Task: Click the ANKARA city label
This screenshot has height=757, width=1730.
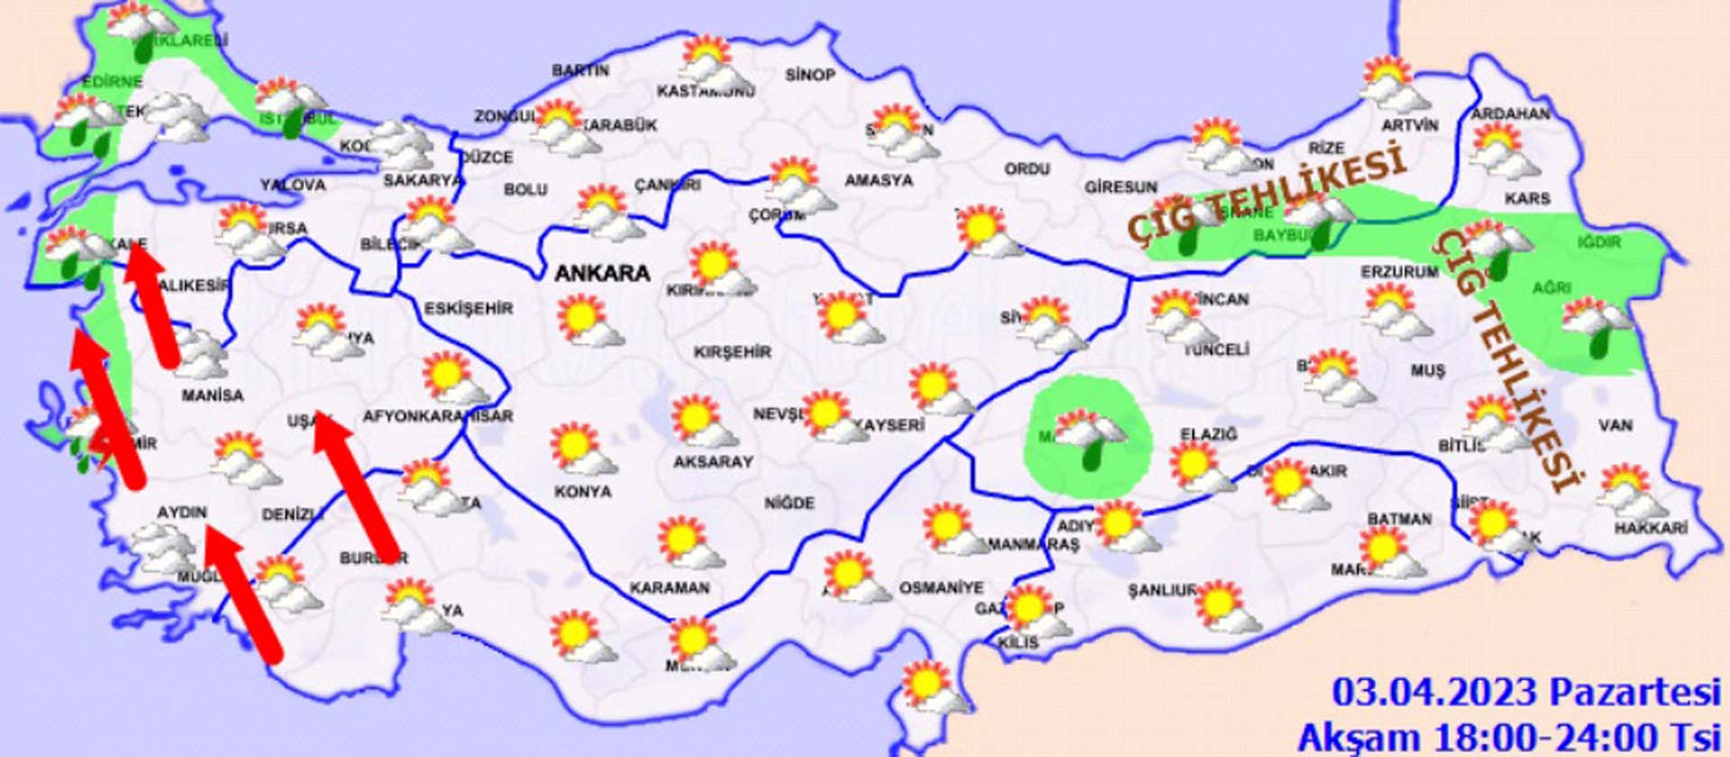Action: [602, 273]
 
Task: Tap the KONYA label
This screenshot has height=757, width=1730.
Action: [582, 492]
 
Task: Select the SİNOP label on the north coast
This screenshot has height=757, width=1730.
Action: [810, 75]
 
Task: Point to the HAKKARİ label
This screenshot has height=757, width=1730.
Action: [1650, 529]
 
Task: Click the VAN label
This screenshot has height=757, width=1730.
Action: [1615, 425]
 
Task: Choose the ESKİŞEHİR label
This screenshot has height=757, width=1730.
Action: [469, 308]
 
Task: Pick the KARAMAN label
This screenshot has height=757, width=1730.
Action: [669, 588]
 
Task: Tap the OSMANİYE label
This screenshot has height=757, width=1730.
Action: [941, 588]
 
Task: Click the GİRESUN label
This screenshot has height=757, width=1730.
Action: [1120, 187]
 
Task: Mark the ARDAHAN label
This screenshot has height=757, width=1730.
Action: [1510, 114]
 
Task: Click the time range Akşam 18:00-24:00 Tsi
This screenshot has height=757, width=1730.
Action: [1509, 737]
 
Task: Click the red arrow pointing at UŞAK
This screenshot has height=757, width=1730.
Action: [358, 487]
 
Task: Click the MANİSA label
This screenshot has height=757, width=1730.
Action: [212, 396]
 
